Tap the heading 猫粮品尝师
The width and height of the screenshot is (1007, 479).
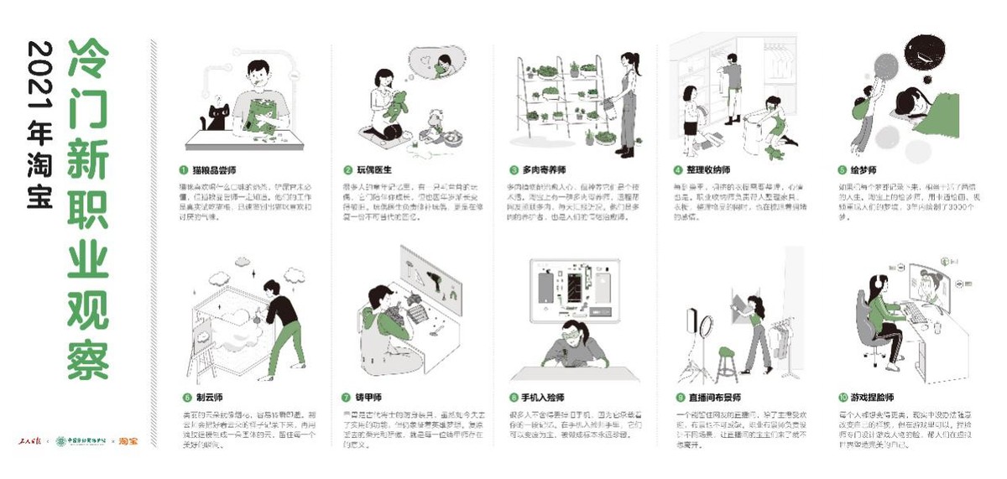pos(211,169)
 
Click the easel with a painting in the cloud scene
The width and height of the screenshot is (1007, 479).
pos(202,344)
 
